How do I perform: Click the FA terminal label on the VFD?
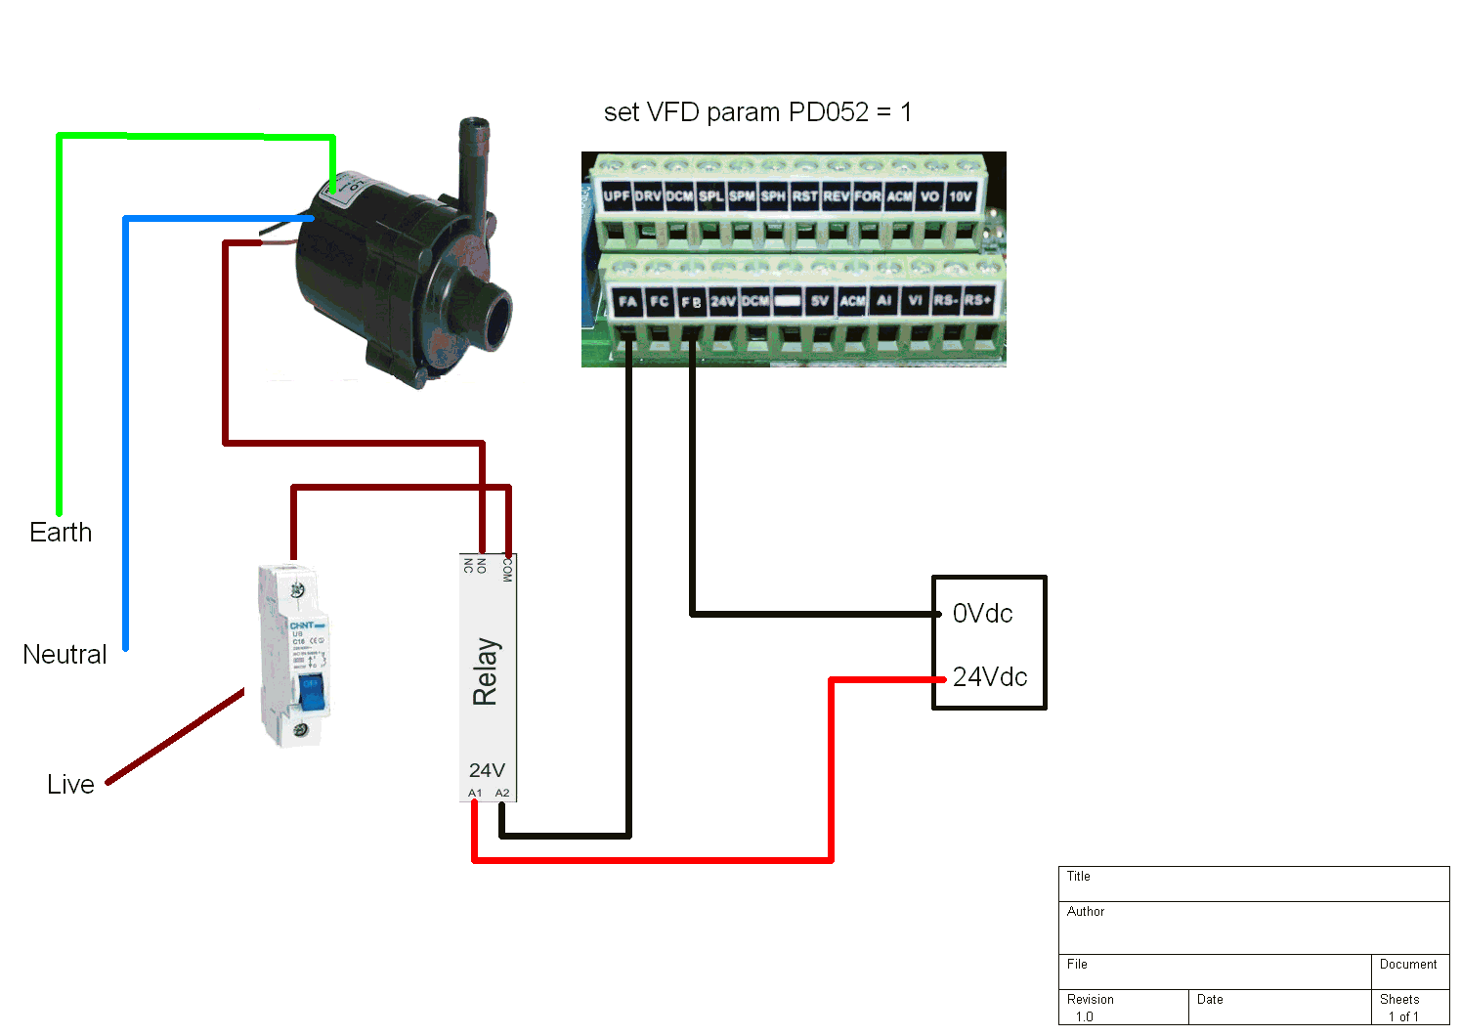coord(627,301)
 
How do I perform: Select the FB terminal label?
coord(691,301)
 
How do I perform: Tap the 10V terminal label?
coord(961,196)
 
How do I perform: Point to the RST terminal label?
coord(804,196)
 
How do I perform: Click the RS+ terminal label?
coord(977,300)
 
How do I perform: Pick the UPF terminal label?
coord(617,196)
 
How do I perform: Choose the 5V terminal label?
coord(820,301)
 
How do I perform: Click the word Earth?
coord(61,533)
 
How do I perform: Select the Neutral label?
coord(64,655)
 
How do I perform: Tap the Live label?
coord(70,785)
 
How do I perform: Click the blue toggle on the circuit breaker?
coord(311,691)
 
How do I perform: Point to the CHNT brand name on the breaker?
coord(303,626)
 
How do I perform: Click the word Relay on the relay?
coord(486,671)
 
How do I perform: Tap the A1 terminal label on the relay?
coord(475,793)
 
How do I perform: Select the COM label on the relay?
coord(506,569)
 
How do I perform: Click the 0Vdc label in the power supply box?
coord(982,614)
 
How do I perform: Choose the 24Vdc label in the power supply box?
coord(990,677)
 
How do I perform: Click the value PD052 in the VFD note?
coord(829,112)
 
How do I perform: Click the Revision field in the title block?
coord(1091,1000)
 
